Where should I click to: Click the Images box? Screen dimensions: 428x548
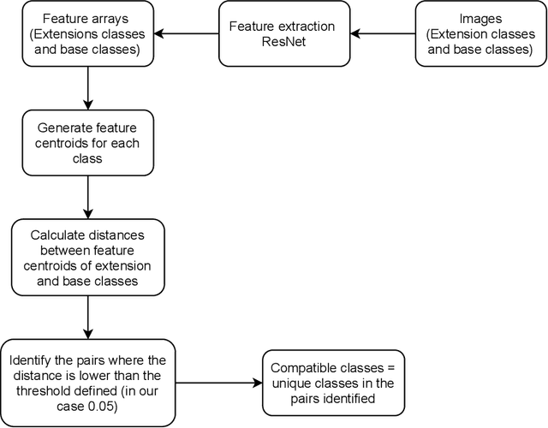click(480, 34)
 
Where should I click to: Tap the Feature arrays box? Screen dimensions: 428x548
click(88, 34)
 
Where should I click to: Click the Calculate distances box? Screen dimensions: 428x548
click(88, 258)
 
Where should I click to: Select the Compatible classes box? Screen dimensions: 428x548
click(334, 378)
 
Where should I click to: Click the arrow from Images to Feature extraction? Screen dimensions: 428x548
click(384, 34)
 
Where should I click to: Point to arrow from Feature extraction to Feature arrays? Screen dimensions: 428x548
click(186, 34)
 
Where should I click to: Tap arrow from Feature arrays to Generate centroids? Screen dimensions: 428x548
click(88, 91)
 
